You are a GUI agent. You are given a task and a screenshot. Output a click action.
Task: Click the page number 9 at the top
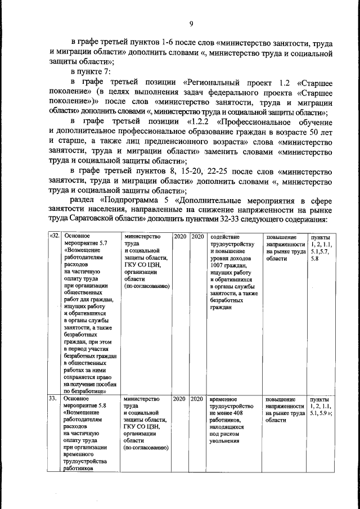191,23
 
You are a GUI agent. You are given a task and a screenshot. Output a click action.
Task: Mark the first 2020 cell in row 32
179,236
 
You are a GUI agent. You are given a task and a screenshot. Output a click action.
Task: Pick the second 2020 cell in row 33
197,399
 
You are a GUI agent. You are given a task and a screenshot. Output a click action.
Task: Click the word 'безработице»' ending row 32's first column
85,390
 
